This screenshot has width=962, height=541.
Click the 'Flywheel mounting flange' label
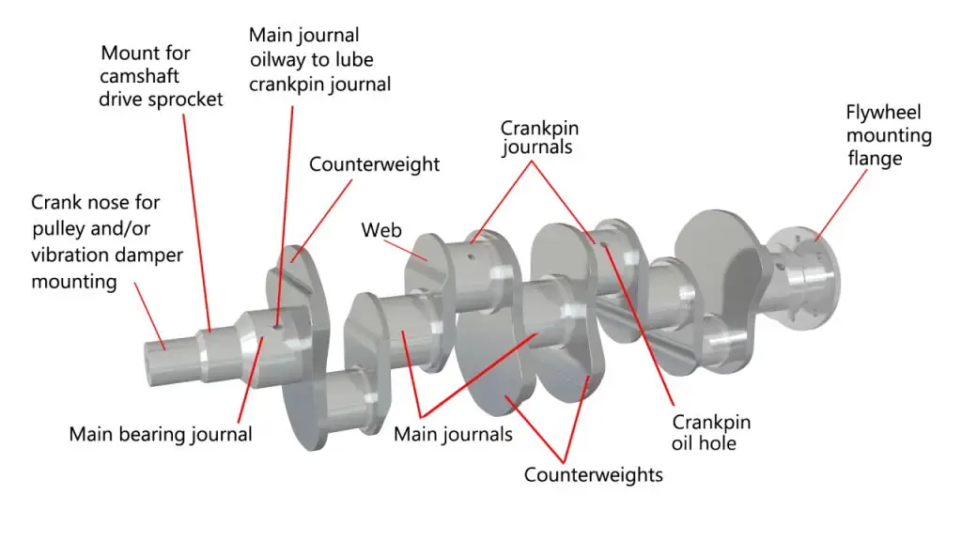point(888,135)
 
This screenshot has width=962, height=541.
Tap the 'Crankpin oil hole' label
point(711,432)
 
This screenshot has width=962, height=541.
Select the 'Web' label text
point(381,230)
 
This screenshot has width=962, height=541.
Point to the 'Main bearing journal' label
point(161,435)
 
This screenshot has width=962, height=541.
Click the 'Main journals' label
point(453,434)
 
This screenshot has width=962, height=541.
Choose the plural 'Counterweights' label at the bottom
point(593,474)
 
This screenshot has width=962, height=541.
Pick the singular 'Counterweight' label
point(374,164)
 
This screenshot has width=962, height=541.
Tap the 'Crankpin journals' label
point(536,137)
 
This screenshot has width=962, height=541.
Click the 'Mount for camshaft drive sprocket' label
point(161,76)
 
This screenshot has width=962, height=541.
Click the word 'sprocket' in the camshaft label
point(183,99)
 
